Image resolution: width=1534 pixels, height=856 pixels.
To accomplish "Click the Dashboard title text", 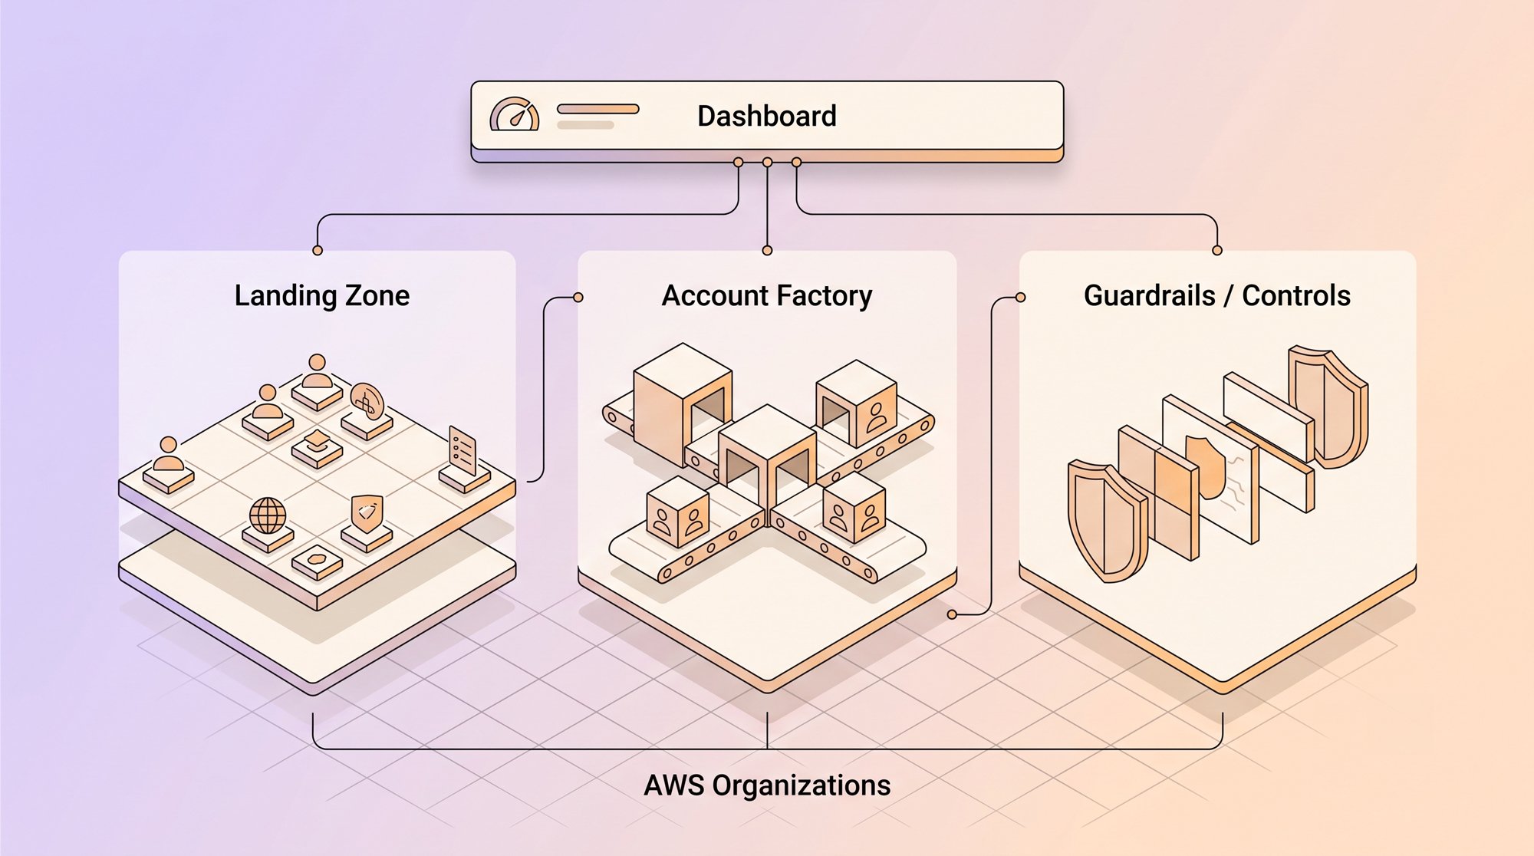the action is (766, 117).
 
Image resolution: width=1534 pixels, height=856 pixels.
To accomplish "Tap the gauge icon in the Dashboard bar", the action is (515, 114).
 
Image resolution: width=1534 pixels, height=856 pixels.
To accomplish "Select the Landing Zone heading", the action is (322, 295).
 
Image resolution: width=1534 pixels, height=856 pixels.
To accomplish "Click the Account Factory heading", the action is (767, 295).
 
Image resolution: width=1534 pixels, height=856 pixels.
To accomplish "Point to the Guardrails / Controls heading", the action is (1217, 295).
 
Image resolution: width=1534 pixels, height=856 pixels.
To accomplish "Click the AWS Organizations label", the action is (767, 785).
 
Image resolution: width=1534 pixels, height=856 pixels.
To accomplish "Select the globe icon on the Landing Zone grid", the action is (268, 515).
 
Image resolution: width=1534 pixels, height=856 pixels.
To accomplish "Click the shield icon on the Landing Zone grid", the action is (367, 514).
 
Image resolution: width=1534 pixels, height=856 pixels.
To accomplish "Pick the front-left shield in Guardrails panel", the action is (1107, 519).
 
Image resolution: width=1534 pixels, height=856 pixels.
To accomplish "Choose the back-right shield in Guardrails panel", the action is (1328, 406).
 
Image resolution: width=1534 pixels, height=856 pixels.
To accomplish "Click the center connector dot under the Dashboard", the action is (767, 163).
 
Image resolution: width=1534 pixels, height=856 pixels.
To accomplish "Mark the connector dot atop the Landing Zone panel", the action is (318, 251).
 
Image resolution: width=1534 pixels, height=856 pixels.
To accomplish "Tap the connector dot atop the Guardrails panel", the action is (1217, 251).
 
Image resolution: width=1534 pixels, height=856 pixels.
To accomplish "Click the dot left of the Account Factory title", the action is (578, 298).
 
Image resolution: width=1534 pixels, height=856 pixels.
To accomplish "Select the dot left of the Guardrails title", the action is (1020, 298).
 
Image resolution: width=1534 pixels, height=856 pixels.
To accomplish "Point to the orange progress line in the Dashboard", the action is (598, 109).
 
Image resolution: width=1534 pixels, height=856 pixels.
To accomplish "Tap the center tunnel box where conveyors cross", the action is (767, 460).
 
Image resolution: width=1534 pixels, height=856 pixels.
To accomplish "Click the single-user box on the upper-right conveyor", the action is (856, 403).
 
